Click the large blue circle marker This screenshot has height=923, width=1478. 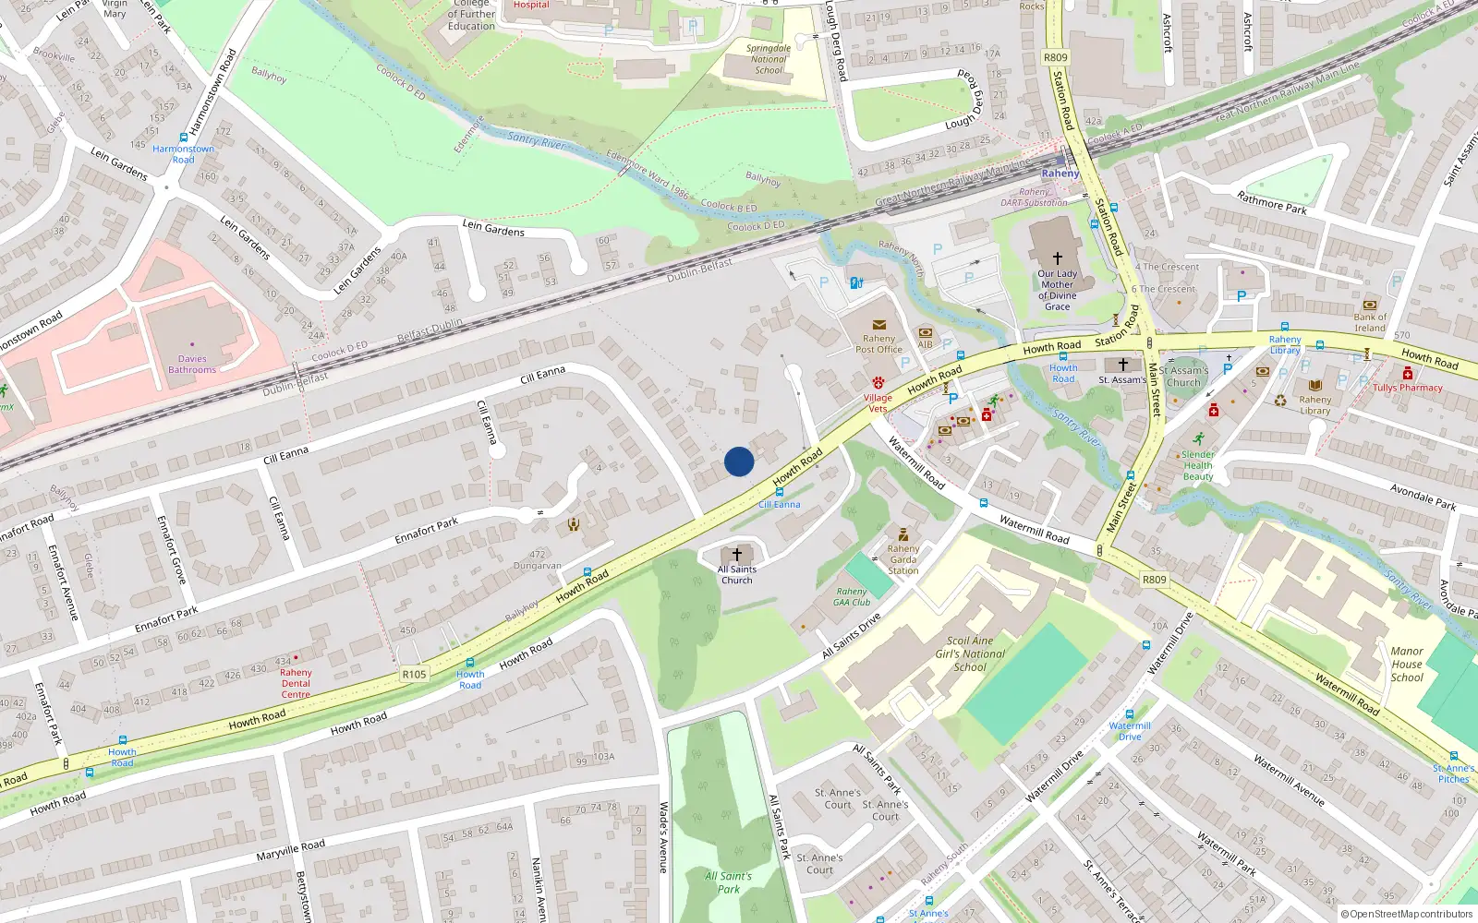pyautogui.click(x=739, y=461)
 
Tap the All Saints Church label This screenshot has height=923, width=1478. pyautogui.click(x=737, y=574)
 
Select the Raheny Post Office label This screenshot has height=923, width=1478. pyautogui.click(x=878, y=344)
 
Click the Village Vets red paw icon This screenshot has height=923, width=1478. pyautogui.click(x=878, y=382)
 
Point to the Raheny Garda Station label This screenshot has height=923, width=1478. pyautogui.click(x=903, y=559)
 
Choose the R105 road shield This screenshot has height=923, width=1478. pyautogui.click(x=414, y=674)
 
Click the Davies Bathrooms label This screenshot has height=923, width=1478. pyautogui.click(x=192, y=365)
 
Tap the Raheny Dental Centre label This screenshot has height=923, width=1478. pyautogui.click(x=296, y=683)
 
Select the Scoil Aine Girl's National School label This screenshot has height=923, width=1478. pyautogui.click(x=970, y=653)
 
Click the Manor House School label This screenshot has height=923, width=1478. pyautogui.click(x=1407, y=664)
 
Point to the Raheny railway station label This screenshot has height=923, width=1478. pyautogui.click(x=1060, y=174)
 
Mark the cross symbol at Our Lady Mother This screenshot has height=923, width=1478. pyautogui.click(x=1057, y=258)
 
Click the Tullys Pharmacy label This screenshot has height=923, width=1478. pyautogui.click(x=1407, y=388)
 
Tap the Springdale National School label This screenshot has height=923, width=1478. pyautogui.click(x=769, y=59)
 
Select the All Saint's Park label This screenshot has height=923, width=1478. pyautogui.click(x=728, y=882)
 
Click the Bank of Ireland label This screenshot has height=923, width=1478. pyautogui.click(x=1370, y=322)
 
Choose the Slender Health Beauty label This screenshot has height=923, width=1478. pyautogui.click(x=1198, y=465)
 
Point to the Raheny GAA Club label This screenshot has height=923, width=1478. pyautogui.click(x=852, y=597)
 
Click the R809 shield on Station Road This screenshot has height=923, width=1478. pyautogui.click(x=1056, y=57)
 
